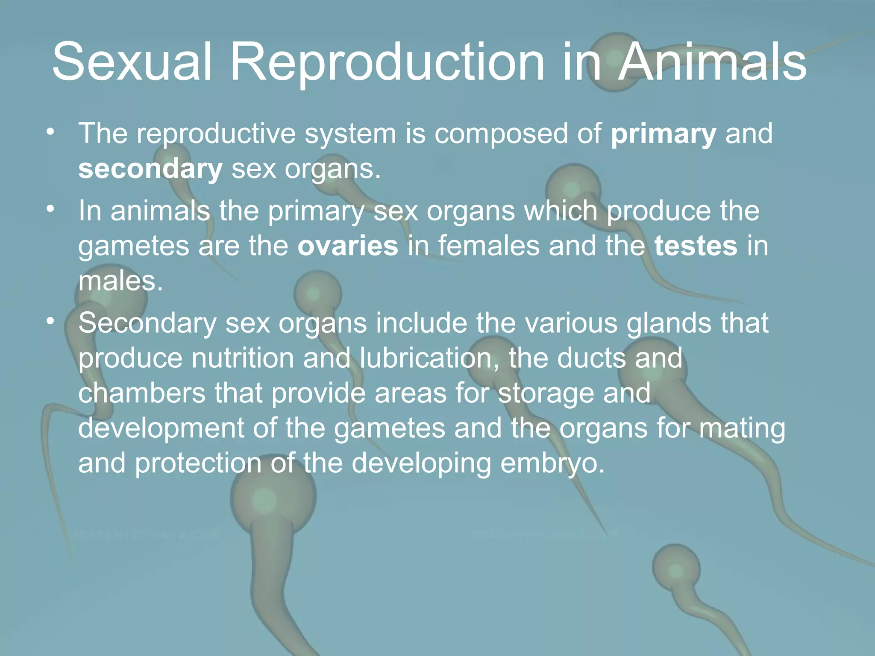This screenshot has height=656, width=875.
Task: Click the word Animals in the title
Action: (712, 62)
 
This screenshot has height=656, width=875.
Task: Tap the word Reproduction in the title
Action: (387, 62)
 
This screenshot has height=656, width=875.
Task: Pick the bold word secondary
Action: (150, 169)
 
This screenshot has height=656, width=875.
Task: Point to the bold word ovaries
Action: (348, 246)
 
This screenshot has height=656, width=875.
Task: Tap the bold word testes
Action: (696, 246)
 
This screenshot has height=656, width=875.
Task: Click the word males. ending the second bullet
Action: (120, 282)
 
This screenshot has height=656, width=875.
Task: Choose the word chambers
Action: (141, 393)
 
